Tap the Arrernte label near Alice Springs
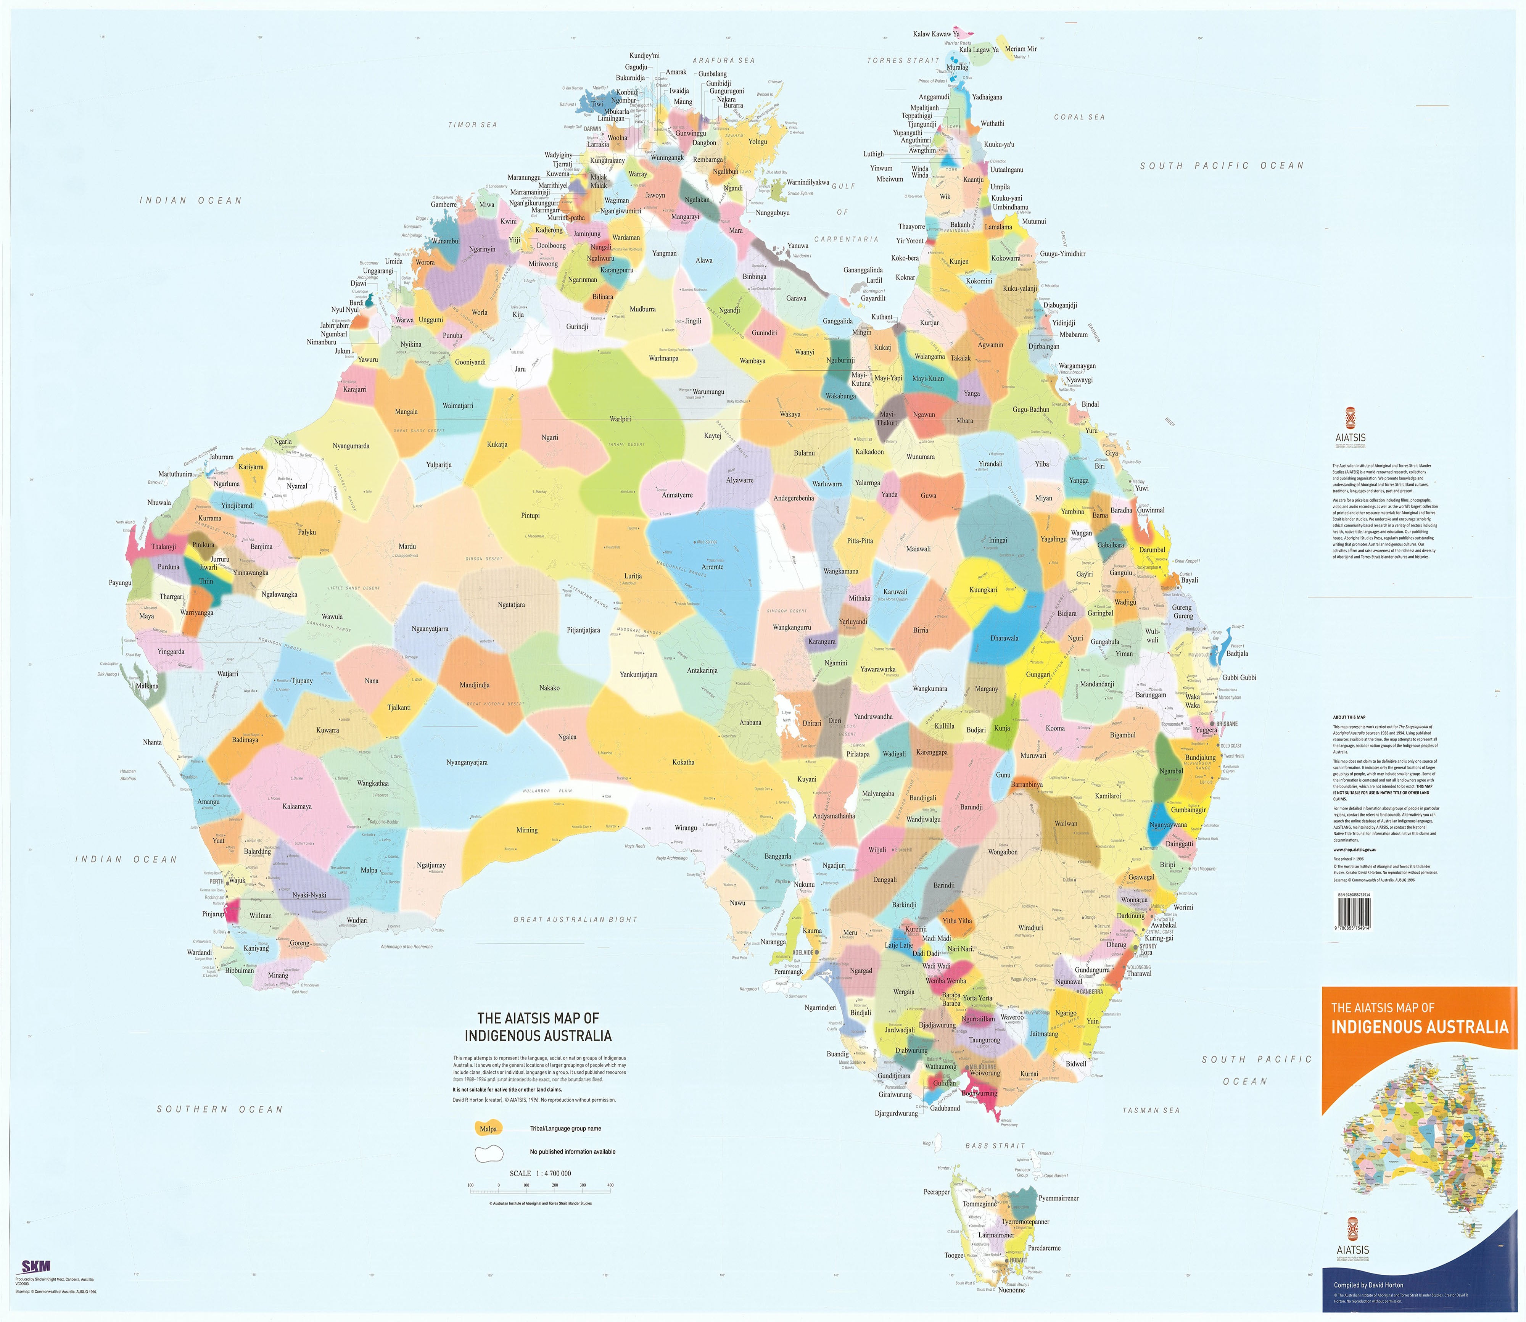(x=713, y=567)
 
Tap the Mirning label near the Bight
(x=526, y=830)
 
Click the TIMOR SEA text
(x=473, y=125)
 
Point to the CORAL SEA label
(x=1079, y=117)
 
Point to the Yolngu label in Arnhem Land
(x=758, y=142)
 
